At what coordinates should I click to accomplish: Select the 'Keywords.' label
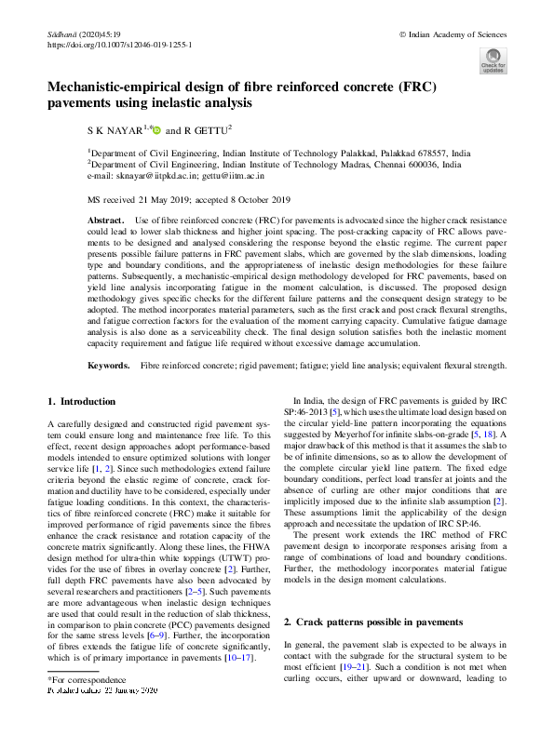point(107,368)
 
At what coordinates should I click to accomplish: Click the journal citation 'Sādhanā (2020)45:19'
point(83,33)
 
